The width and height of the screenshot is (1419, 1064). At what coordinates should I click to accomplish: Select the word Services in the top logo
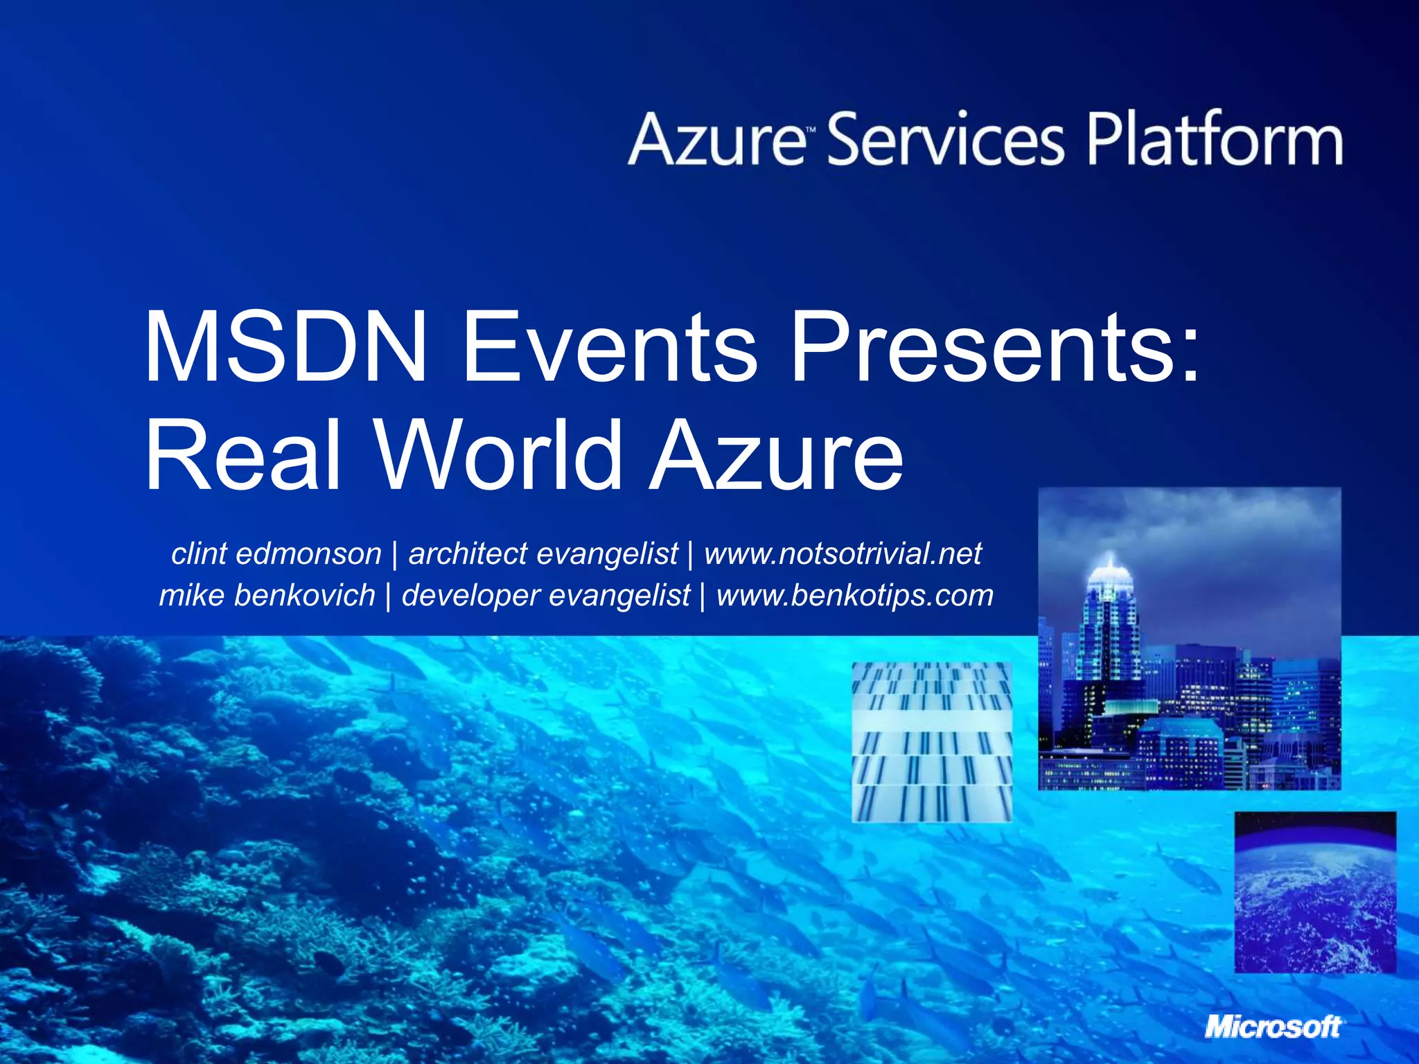tap(945, 141)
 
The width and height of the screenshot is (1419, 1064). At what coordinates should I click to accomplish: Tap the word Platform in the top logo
tap(1214, 141)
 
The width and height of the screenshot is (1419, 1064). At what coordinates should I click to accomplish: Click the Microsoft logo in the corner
tap(1273, 1027)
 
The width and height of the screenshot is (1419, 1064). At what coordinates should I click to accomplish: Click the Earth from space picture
tap(1314, 892)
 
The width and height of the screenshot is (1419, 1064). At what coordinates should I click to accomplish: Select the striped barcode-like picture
tap(931, 742)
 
